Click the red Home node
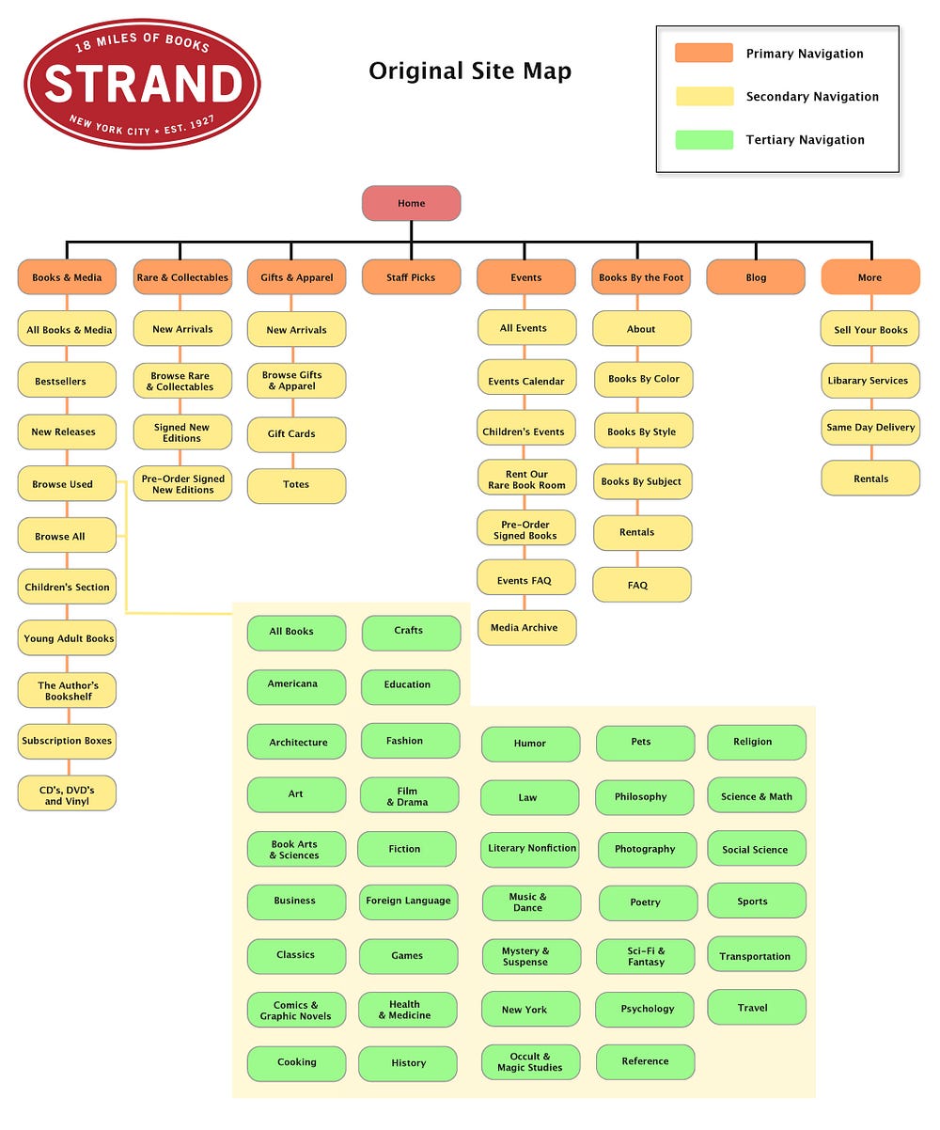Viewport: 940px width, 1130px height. pos(411,203)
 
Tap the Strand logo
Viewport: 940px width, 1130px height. pos(142,84)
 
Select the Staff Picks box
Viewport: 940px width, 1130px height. pos(411,277)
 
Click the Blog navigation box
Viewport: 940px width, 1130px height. pos(756,277)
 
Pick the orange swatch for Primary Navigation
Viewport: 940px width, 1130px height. pos(703,54)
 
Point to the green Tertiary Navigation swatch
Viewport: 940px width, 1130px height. pos(703,140)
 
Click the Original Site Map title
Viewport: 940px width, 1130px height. pos(470,71)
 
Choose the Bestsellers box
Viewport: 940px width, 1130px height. pos(67,381)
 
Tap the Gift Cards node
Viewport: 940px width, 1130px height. pos(296,434)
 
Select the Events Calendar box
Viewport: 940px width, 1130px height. pos(526,381)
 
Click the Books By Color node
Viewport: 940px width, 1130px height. pos(643,379)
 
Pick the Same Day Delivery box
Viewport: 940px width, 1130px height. pos(870,427)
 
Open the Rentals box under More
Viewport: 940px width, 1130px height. pos(870,479)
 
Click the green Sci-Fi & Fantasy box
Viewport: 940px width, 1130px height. pos(646,956)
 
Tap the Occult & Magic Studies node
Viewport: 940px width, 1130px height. pos(530,1061)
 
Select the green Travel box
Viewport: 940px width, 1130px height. pos(756,1008)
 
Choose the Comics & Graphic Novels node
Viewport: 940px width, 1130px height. pos(295,1011)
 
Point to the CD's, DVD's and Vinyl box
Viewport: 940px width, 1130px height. pos(67,795)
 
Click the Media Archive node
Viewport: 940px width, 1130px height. pos(526,628)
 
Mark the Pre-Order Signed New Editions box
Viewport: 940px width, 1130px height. pos(182,484)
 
